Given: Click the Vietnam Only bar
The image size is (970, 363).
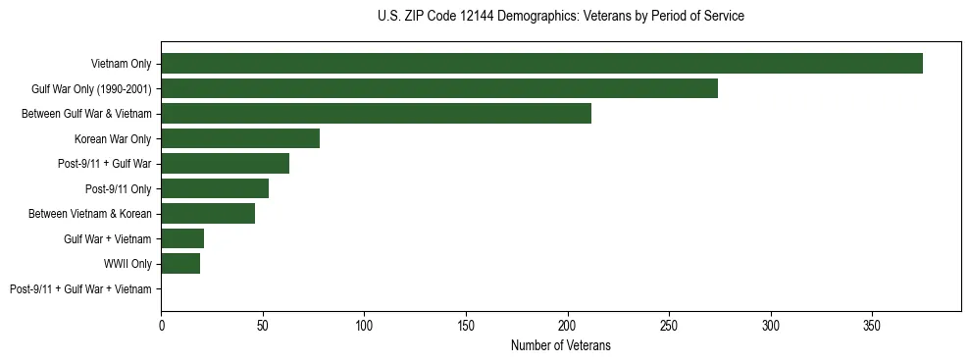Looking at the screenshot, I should coord(541,64).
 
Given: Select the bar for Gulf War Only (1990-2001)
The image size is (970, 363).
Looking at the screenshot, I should coord(439,88).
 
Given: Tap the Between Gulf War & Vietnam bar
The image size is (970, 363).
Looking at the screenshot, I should coord(376,114).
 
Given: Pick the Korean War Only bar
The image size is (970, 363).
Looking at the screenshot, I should coord(240,138).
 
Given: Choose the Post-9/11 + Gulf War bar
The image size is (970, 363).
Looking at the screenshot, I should coord(225,164).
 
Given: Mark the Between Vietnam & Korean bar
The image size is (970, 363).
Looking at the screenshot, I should coord(208,214).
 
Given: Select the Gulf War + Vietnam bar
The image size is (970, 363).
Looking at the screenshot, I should coord(182,238).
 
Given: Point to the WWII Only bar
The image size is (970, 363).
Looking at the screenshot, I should coord(180,264).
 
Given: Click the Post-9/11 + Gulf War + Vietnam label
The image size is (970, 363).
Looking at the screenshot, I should coord(80,289).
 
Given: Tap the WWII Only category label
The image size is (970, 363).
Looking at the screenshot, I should coord(128,264).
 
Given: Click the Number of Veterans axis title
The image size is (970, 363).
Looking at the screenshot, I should coord(560,345).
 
